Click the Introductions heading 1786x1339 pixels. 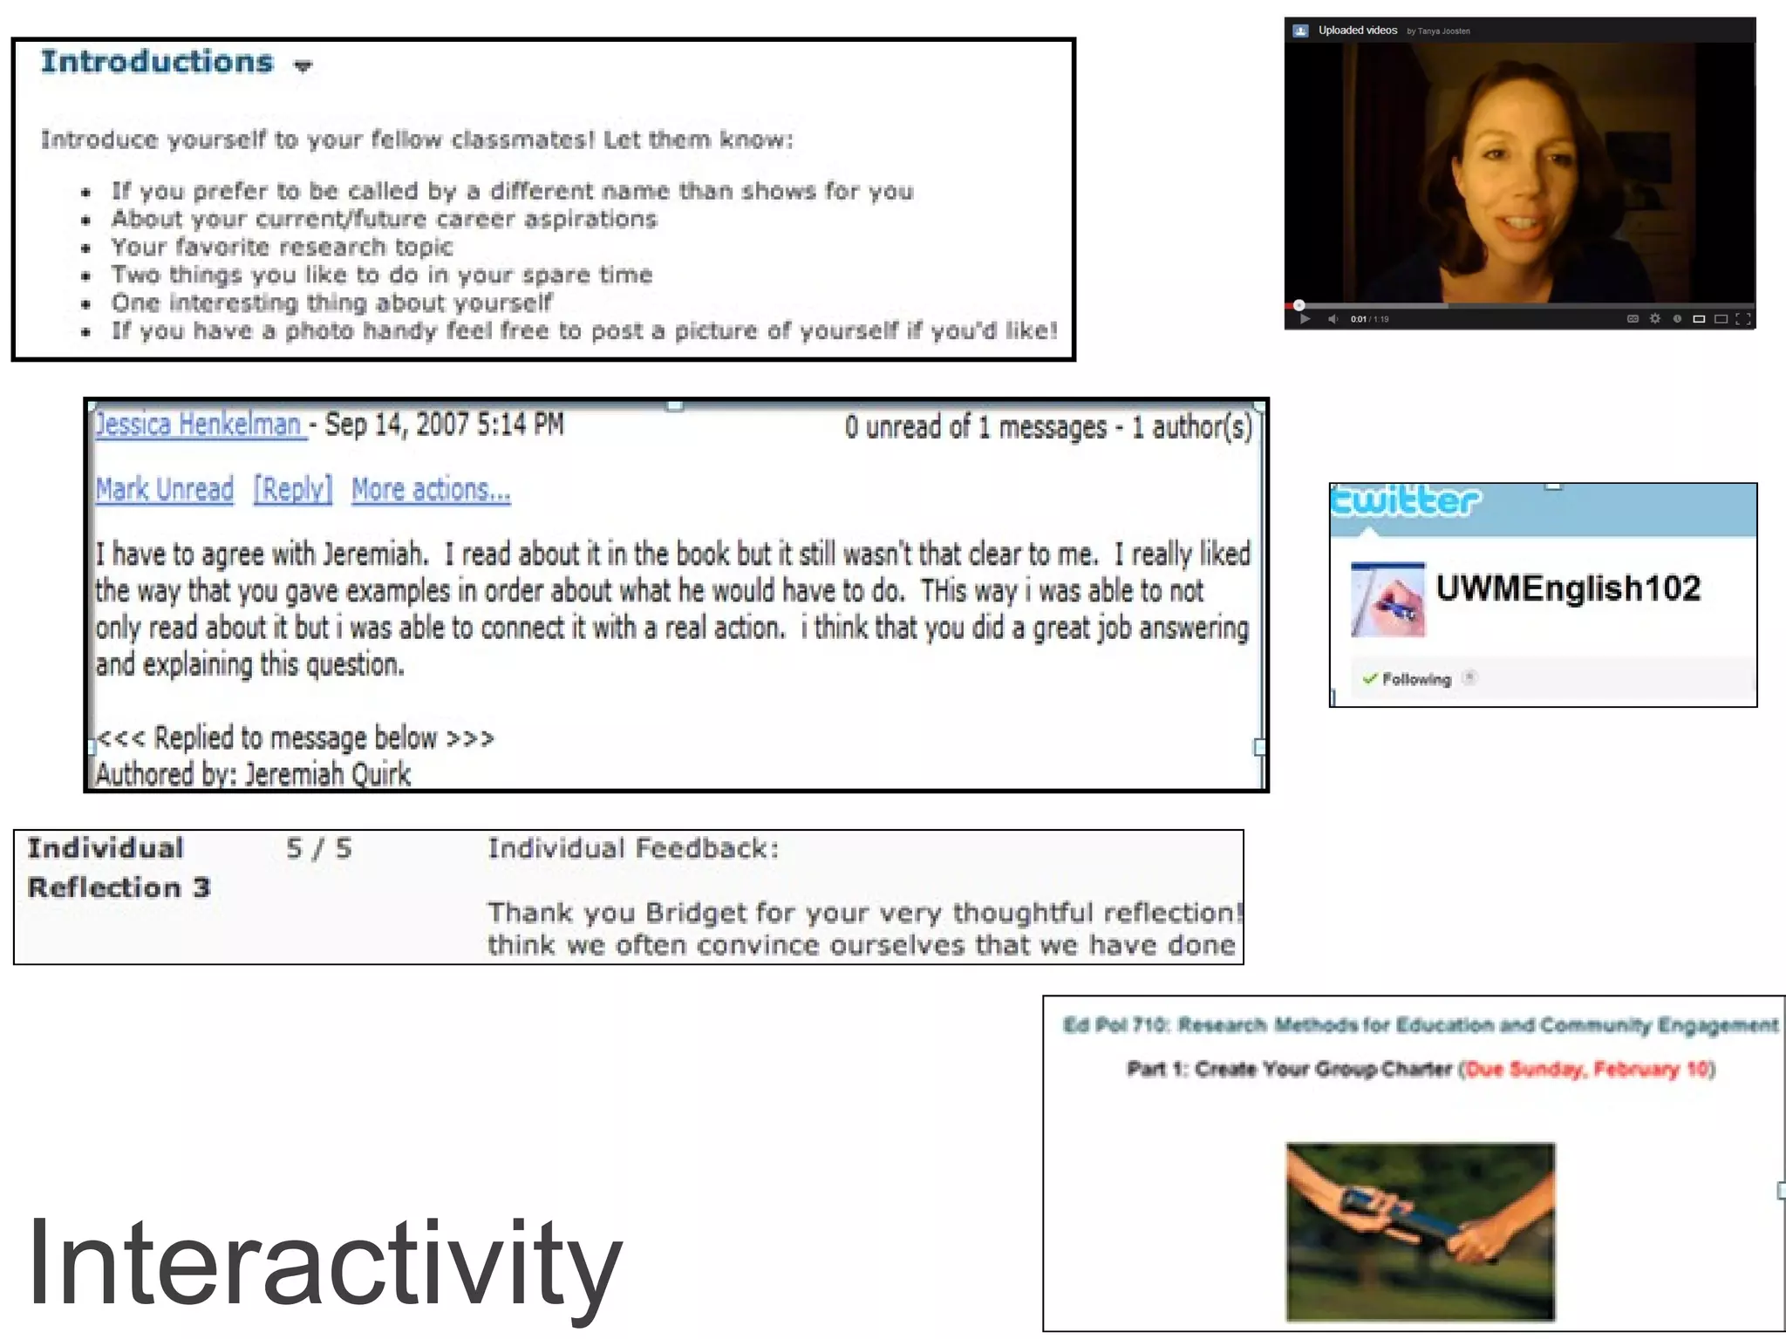[157, 62]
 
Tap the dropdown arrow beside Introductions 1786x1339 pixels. [303, 65]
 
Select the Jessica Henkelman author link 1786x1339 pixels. [199, 425]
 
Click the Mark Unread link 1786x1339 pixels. [165, 490]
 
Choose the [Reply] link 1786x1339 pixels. [293, 490]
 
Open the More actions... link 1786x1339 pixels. [431, 490]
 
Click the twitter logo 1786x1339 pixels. [1406, 502]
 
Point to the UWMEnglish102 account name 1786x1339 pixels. [1568, 588]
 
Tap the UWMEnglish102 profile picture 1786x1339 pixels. [1387, 601]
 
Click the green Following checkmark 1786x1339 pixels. [1370, 679]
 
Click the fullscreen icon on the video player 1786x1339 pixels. [1743, 319]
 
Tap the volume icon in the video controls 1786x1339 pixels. [1333, 319]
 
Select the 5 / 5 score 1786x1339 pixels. [319, 848]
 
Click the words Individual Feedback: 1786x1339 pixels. [632, 848]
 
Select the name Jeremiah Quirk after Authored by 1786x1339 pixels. [328, 774]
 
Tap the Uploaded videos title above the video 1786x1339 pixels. [1358, 31]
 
